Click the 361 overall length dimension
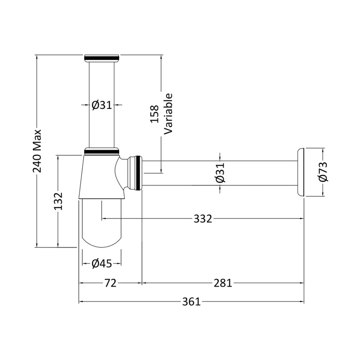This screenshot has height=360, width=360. [x=191, y=301]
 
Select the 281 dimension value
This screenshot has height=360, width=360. [x=223, y=283]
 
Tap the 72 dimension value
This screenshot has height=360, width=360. [x=110, y=283]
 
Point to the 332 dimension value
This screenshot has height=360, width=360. [x=203, y=219]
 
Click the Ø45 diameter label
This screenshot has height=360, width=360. [x=102, y=264]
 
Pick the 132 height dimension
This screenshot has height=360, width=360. [x=58, y=201]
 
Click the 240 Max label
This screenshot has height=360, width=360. [x=37, y=151]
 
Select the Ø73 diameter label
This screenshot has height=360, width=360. [x=323, y=172]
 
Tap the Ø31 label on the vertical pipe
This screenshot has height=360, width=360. [x=102, y=105]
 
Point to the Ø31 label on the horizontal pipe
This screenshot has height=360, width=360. [x=220, y=173]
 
